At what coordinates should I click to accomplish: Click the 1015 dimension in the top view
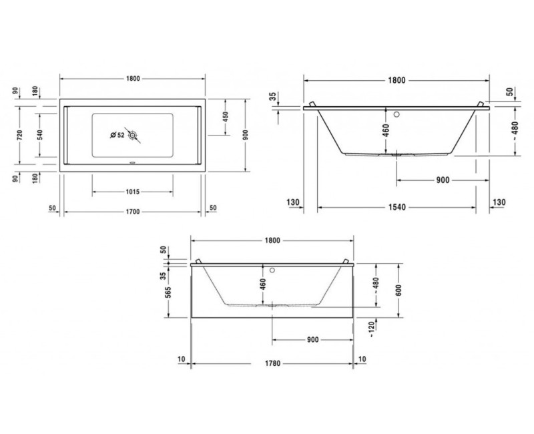coord(131,192)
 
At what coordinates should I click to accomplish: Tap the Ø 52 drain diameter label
coord(117,136)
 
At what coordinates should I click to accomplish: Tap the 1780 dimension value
coord(272,364)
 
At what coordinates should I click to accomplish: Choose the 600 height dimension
coord(398,288)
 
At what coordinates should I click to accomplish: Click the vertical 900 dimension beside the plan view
coord(246,134)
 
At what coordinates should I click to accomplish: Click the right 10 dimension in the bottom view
coord(362,359)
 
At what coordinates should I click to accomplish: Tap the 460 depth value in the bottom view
coord(263,286)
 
